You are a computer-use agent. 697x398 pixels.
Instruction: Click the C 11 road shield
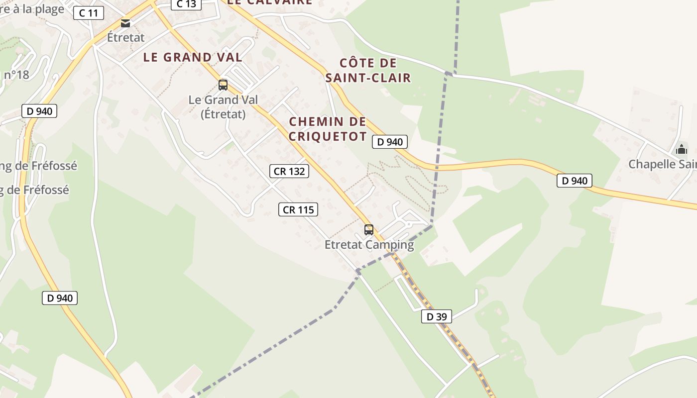[89, 13]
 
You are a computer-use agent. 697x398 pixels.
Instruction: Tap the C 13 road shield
[186, 4]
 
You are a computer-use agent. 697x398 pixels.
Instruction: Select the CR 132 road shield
[289, 172]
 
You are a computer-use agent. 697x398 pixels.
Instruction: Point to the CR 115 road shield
[298, 210]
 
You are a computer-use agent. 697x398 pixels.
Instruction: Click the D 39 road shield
[437, 316]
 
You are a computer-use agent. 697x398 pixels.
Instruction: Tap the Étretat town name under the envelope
[125, 37]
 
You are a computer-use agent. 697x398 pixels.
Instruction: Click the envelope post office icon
[125, 23]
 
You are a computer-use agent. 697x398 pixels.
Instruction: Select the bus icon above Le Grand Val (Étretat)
[223, 85]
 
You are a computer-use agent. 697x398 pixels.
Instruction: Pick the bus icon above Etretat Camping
[369, 230]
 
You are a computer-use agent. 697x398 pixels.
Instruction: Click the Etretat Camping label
[369, 245]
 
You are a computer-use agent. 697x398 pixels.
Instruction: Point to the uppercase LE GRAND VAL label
[193, 57]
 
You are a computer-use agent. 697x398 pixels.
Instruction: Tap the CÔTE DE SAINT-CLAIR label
[368, 70]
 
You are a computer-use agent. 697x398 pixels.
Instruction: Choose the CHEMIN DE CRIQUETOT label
[328, 129]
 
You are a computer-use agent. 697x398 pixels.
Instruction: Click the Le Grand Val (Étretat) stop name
[223, 107]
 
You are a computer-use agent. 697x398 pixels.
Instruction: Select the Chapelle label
[662, 164]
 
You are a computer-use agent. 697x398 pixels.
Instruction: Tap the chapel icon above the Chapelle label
[682, 149]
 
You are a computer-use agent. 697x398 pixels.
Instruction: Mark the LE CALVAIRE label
[269, 2]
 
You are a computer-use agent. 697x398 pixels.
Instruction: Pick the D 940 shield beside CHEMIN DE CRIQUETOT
[390, 142]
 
